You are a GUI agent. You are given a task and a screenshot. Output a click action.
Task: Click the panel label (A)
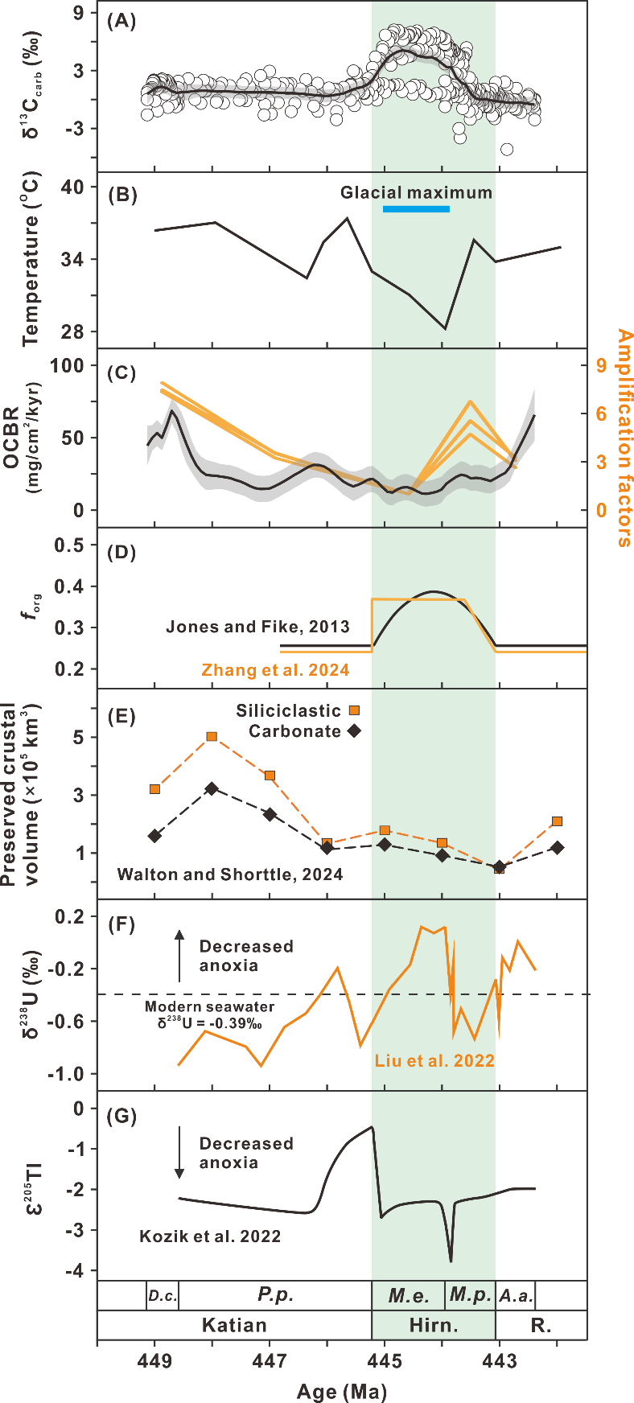coord(121,22)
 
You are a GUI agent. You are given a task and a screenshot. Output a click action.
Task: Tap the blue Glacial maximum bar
coord(416,209)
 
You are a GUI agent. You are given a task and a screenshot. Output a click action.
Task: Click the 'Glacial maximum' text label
coord(416,193)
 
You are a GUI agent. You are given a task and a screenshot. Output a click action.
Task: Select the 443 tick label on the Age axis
coord(499,1361)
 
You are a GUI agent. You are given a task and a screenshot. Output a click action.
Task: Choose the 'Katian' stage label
coord(234,1325)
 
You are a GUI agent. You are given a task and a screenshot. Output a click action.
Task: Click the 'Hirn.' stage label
coord(434,1325)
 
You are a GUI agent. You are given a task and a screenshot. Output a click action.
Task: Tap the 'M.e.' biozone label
coord(409,1295)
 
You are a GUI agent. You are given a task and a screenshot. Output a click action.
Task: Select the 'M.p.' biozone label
coord(470,1295)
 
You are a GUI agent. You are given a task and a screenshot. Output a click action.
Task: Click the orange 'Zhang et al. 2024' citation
coord(275,670)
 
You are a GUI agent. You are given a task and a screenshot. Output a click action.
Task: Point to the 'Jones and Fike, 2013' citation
coord(257,627)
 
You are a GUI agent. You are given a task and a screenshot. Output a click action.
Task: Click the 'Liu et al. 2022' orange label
coord(434,1060)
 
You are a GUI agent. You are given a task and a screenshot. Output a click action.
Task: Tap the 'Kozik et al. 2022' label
coord(210,1236)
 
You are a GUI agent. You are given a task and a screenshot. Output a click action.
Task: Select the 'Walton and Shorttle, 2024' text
coord(230,874)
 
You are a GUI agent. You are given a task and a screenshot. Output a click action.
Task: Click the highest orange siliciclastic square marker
coord(212,737)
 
